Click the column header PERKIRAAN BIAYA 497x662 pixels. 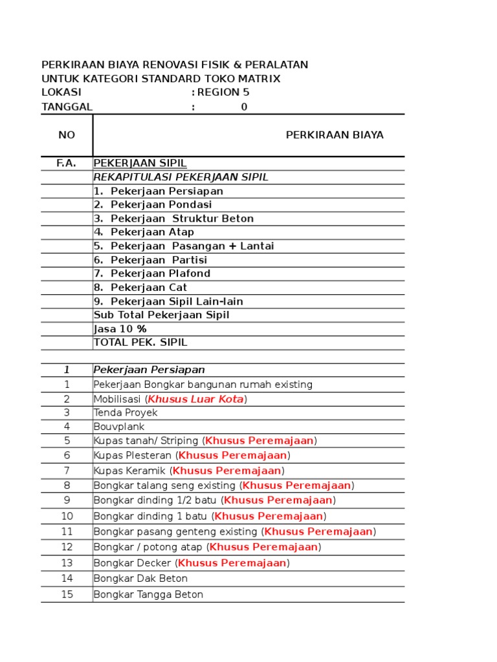pyautogui.click(x=335, y=135)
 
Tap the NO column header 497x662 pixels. pyautogui.click(x=67, y=135)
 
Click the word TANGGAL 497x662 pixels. pyautogui.click(x=67, y=107)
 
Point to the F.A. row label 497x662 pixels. pyautogui.click(x=67, y=164)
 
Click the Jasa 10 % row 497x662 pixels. pyautogui.click(x=120, y=329)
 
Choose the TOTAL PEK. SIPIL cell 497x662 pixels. pyautogui.click(x=140, y=343)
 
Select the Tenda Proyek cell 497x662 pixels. pyautogui.click(x=126, y=412)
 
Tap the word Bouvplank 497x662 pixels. pyautogui.click(x=119, y=427)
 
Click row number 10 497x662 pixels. pyautogui.click(x=67, y=516)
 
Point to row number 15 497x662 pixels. pyautogui.click(x=67, y=594)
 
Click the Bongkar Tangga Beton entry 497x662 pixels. pyautogui.click(x=148, y=594)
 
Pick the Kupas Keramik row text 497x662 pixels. pyautogui.click(x=131, y=471)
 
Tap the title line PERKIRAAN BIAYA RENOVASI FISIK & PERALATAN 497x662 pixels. pyautogui.click(x=175, y=65)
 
